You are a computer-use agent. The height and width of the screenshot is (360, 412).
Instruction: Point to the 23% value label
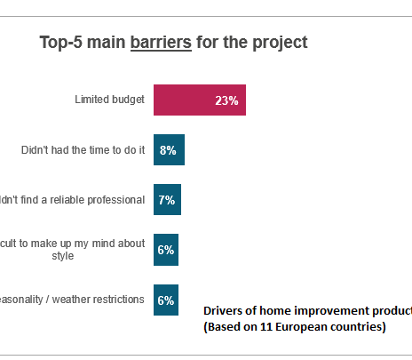[x=226, y=100]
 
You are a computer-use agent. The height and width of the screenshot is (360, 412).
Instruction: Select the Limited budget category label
[x=109, y=100]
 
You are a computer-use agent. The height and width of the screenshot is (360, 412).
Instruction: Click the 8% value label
[x=168, y=150]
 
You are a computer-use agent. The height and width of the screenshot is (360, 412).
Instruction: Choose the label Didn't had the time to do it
[x=83, y=149]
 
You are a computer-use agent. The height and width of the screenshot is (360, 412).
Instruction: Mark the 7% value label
[x=166, y=200]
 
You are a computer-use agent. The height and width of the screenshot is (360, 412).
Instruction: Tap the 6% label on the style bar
[x=166, y=250]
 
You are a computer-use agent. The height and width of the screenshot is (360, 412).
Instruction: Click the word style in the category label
[x=131, y=256]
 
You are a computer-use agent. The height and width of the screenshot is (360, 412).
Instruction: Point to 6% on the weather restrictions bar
[x=166, y=300]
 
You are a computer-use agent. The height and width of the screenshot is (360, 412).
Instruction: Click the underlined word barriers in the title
[x=161, y=42]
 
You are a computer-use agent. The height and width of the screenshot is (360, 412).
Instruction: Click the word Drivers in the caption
[x=226, y=310]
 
